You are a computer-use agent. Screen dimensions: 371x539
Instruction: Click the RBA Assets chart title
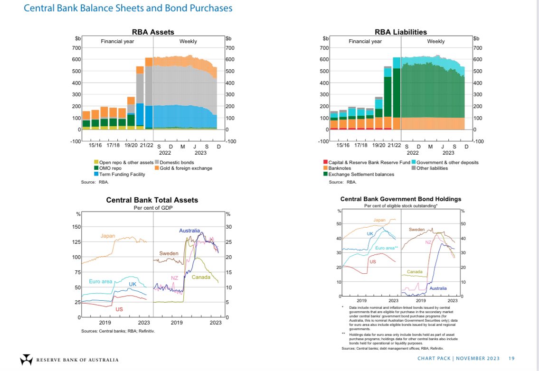point(153,32)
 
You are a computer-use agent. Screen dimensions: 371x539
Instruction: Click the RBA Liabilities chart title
point(400,32)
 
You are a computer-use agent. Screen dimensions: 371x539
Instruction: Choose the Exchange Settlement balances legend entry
point(359,174)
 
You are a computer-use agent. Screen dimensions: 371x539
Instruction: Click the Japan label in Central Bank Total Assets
point(108,236)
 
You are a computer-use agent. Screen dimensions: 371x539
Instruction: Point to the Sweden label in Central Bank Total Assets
point(169,253)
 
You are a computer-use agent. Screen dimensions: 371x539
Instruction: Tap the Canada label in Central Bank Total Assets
point(201,277)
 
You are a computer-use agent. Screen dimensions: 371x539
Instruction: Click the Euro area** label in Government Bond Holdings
point(386,248)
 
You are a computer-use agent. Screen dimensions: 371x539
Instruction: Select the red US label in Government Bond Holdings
point(373,262)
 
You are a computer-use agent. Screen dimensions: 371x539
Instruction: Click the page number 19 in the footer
point(511,358)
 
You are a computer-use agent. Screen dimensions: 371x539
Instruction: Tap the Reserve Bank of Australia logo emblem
point(26,359)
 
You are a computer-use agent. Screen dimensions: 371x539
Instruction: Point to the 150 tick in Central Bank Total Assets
point(76,227)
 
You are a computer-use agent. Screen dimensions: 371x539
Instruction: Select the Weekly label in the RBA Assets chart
point(188,41)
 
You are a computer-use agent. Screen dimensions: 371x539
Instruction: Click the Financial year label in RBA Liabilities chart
point(365,41)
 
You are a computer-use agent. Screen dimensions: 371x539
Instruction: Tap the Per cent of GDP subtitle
point(152,208)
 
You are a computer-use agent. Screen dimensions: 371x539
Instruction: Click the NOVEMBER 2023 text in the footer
point(475,358)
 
